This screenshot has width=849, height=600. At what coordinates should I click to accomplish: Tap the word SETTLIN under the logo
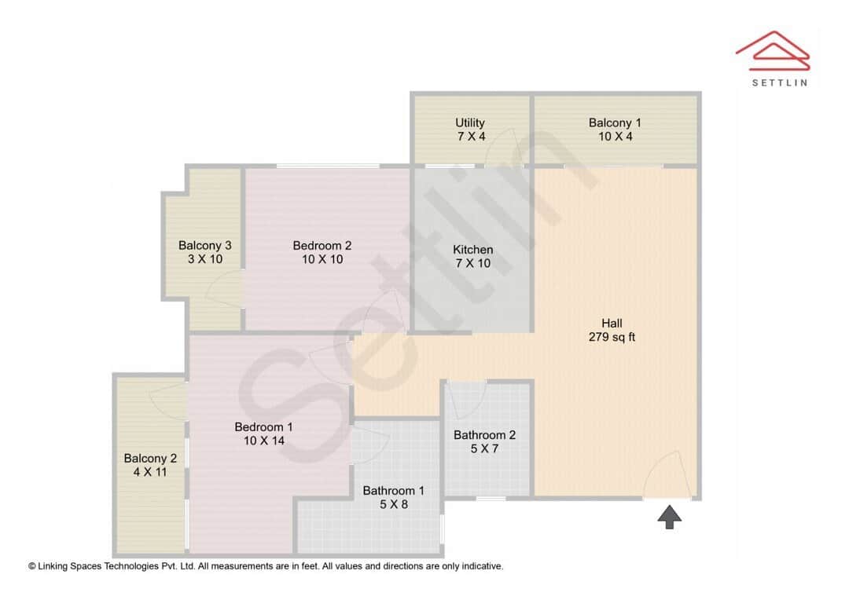tap(779, 82)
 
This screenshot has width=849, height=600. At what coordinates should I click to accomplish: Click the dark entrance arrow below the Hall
tap(669, 517)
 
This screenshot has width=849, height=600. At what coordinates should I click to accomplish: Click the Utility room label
tap(470, 123)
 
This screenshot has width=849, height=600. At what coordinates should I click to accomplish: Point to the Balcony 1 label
tap(615, 123)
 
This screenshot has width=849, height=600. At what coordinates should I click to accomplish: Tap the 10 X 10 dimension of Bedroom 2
tap(322, 259)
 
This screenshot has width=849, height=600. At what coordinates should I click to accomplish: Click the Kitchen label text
tap(473, 250)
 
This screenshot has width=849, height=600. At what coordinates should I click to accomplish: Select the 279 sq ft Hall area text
tap(612, 338)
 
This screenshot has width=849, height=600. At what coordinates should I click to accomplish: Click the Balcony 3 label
tap(204, 245)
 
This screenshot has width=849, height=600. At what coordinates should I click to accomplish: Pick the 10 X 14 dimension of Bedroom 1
tap(263, 441)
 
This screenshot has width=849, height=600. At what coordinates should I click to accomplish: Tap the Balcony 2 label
tap(150, 459)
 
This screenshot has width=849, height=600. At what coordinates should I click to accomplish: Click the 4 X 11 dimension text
tap(150, 472)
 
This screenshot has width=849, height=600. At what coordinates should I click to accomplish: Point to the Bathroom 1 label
tap(393, 491)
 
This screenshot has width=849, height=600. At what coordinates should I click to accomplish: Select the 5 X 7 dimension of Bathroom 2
tap(484, 448)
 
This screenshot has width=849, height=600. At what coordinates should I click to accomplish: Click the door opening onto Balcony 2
tap(167, 397)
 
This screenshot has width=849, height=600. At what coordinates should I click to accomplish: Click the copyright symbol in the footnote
tap(32, 565)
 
